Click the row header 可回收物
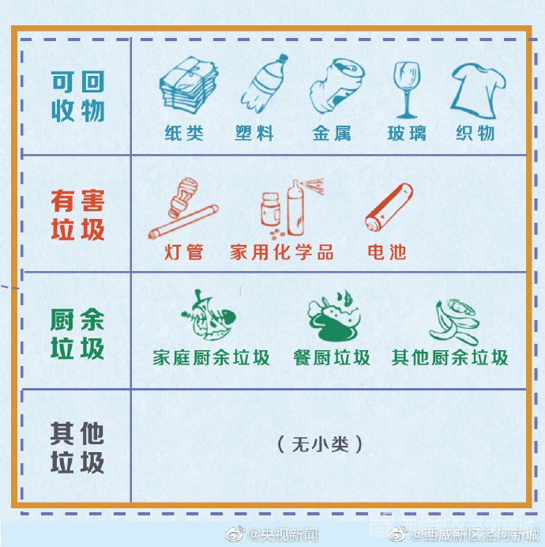tap(77, 96)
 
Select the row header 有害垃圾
tap(77, 215)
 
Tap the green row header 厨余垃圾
tap(77, 334)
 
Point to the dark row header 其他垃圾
tap(77, 447)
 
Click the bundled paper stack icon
tap(189, 86)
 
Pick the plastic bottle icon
tap(265, 83)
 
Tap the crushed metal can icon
tap(337, 86)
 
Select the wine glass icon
tap(407, 90)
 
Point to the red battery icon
tap(389, 207)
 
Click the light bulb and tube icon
tap(183, 208)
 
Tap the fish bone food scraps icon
tap(209, 315)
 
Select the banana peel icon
tap(454, 323)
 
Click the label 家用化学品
tap(282, 252)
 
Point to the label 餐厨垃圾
tap(332, 357)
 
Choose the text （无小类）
tap(320, 445)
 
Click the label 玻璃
tap(407, 134)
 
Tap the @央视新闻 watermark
tap(272, 534)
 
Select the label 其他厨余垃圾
tap(449, 357)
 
